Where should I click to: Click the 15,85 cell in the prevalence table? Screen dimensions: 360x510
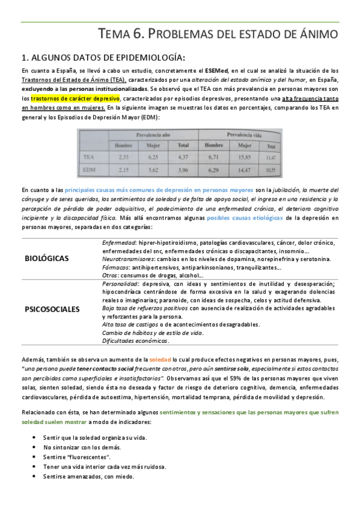point(245,158)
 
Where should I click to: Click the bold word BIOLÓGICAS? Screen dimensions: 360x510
point(46,259)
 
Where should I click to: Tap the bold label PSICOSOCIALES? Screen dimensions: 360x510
point(52,310)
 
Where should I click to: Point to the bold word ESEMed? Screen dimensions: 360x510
point(215,71)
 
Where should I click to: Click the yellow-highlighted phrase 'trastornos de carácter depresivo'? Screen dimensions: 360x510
point(76,97)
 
